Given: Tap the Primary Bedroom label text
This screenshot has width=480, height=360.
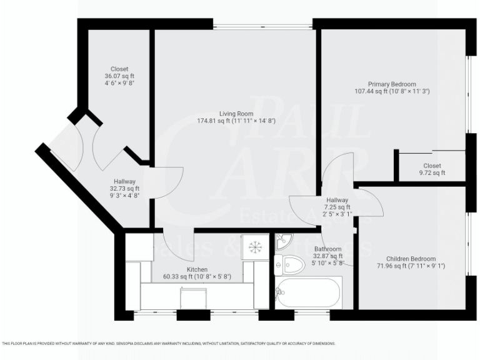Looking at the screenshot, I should click(391, 84).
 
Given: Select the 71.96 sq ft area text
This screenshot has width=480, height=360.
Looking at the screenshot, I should click(411, 266).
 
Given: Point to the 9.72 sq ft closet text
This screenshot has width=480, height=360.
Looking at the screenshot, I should click(431, 173).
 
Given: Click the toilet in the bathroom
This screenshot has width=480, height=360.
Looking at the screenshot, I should click(290, 264).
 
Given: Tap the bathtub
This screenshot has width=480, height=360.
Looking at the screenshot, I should click(309, 292).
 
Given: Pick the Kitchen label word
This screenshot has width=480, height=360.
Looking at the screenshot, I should click(188, 269).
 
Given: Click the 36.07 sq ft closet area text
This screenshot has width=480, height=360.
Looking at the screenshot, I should click(119, 76).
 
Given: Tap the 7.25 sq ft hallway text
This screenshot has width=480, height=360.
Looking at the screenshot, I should click(337, 207).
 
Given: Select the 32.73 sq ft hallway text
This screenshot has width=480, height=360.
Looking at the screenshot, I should click(125, 188).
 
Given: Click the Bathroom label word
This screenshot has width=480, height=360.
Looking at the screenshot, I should click(327, 249).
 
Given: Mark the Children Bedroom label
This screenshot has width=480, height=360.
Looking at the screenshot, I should click(411, 259).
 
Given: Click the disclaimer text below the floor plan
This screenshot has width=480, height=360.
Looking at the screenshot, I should click(169, 343).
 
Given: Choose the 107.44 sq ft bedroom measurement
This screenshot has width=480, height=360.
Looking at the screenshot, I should click(391, 91).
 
